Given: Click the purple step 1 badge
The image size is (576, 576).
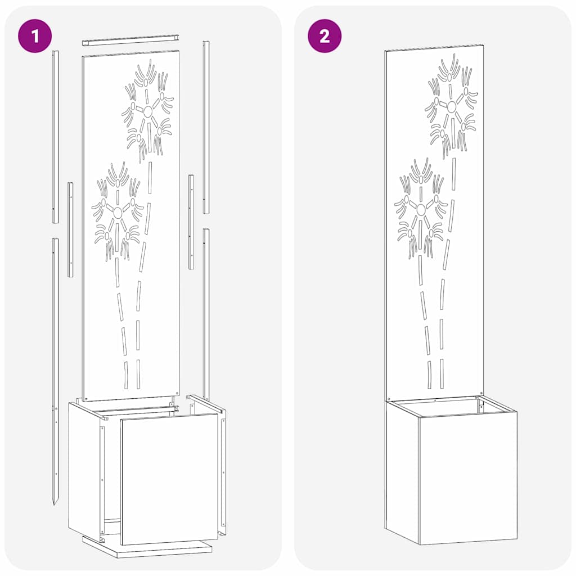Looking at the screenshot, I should (x=34, y=36).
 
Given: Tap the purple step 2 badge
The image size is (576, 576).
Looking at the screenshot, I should (x=324, y=36).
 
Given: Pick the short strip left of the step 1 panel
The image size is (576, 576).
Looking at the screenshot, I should (x=70, y=229).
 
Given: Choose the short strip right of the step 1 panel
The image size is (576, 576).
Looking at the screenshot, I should (x=191, y=222).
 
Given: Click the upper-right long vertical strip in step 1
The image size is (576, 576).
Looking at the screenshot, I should (x=206, y=127).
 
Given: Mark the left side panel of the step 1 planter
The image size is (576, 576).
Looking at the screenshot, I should (x=83, y=467).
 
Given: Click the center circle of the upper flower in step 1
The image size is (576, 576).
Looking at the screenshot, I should (x=147, y=111).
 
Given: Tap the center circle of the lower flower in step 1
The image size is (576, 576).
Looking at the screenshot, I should (x=118, y=212).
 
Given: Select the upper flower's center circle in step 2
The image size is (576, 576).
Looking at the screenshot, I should (x=451, y=106).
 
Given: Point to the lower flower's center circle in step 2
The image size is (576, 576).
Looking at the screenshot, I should (x=421, y=209).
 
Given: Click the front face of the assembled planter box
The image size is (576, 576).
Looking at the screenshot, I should (x=468, y=478).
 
